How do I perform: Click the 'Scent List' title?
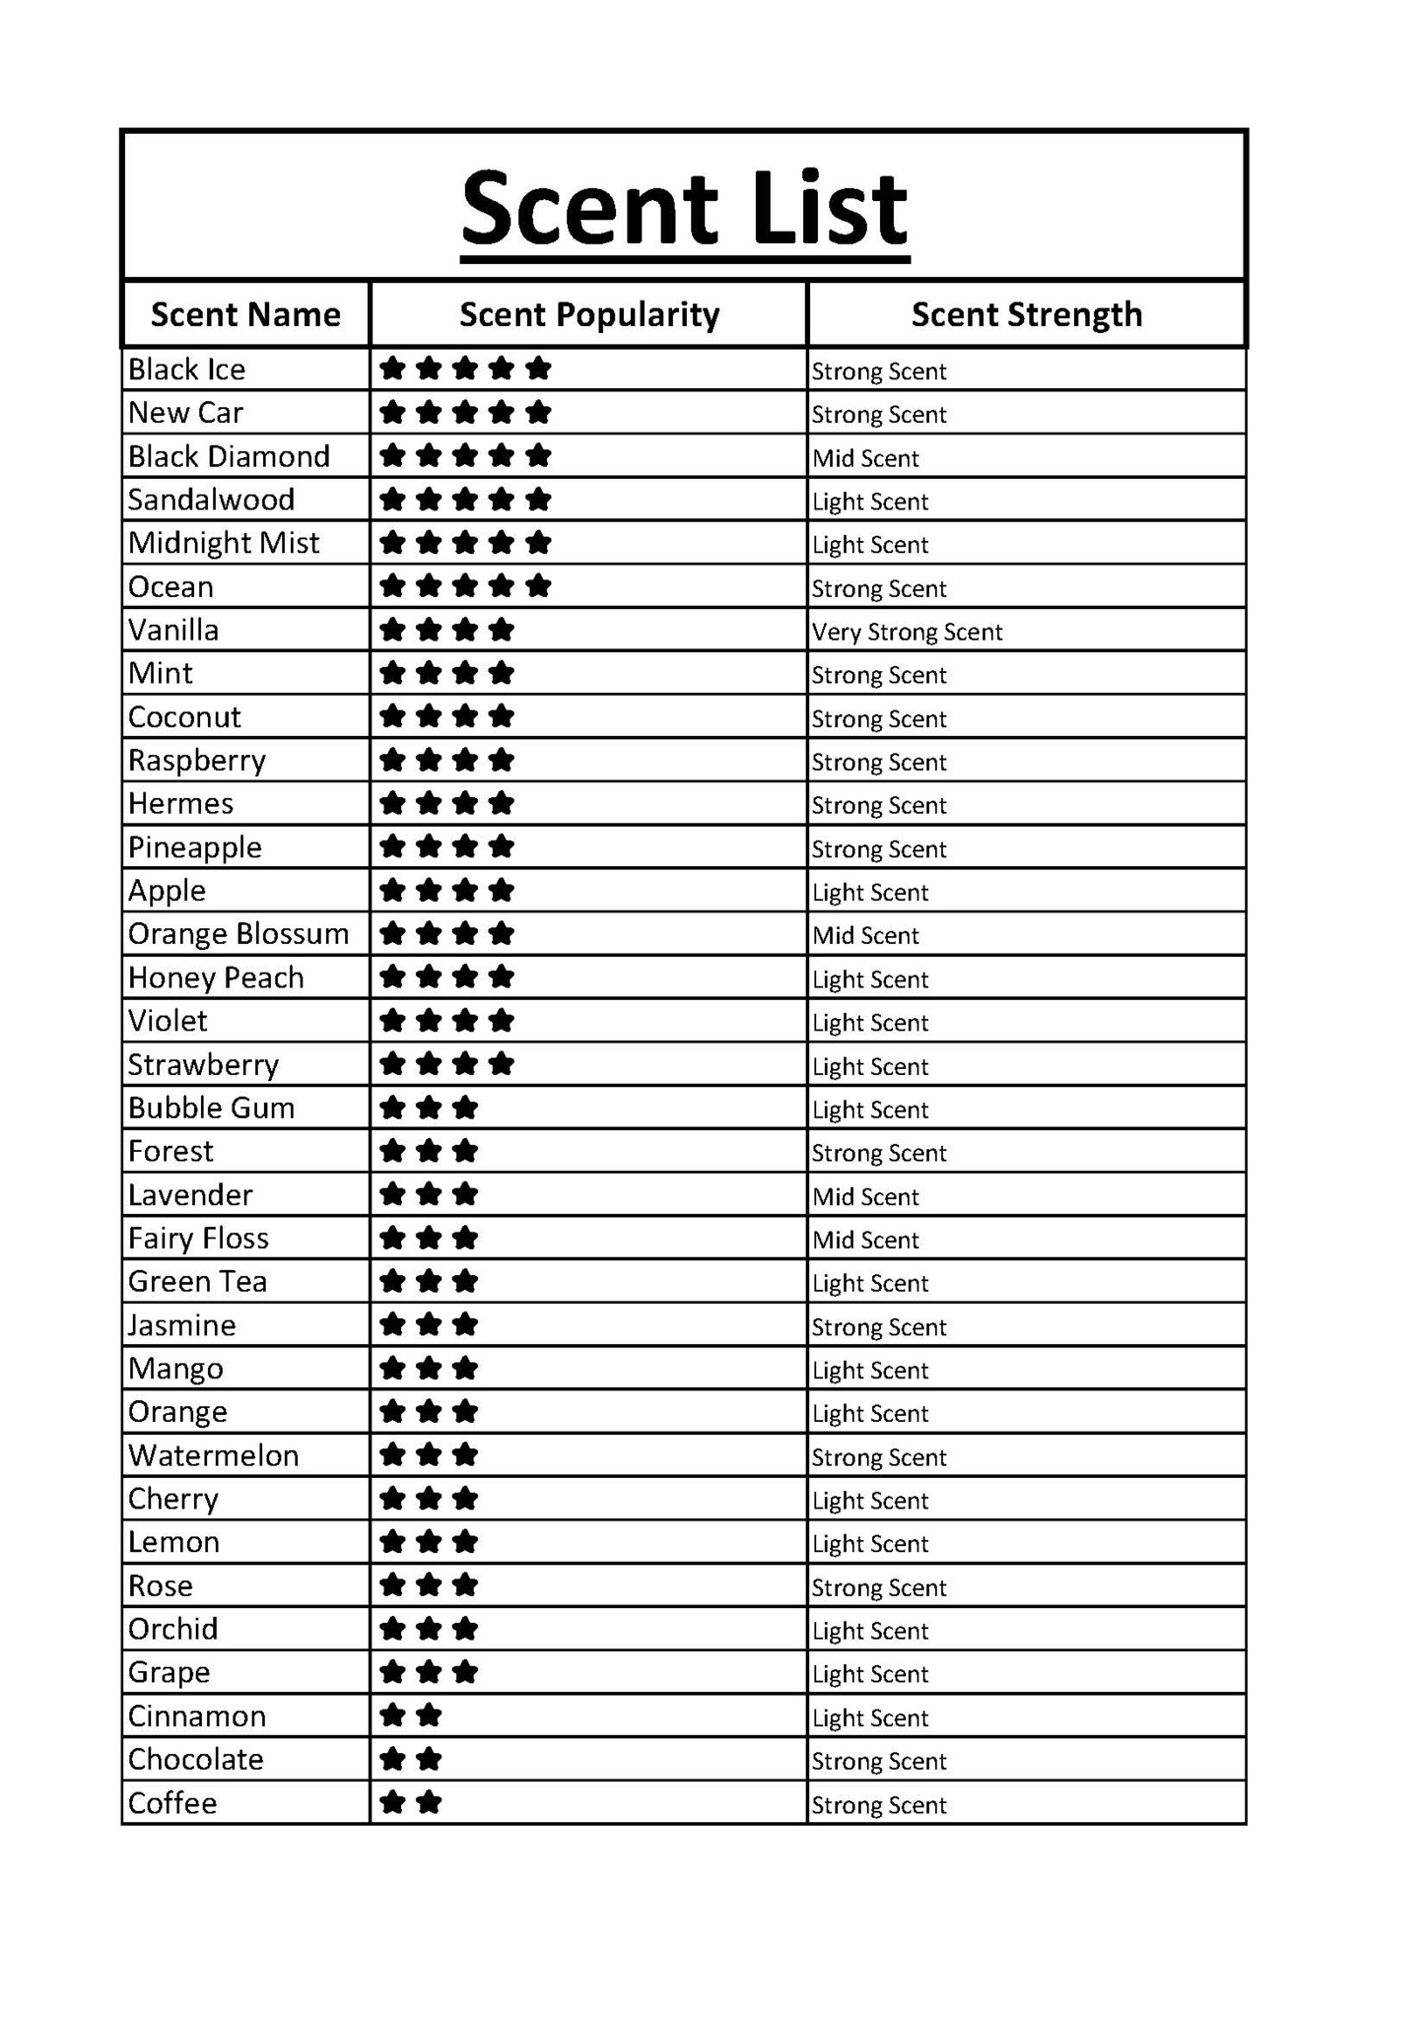684,208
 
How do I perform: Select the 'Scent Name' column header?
245,314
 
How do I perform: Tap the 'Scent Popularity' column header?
589,314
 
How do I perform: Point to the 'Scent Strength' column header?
1026,314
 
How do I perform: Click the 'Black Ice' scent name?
186,370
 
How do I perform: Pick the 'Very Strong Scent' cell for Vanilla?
907,632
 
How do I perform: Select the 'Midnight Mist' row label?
224,543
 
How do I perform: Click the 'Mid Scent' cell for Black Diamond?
865,458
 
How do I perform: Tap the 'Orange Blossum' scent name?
238,934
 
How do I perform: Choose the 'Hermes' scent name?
180,804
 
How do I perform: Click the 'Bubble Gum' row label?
211,1109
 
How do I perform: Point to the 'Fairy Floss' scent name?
198,1239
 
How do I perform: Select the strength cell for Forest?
878,1153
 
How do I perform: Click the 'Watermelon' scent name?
213,1456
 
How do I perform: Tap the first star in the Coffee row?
392,1803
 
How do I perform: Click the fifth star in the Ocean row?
538,586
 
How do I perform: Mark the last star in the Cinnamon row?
429,1716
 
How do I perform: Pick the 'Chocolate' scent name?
195,1760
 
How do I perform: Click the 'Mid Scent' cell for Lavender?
865,1197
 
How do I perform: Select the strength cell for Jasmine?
878,1327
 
